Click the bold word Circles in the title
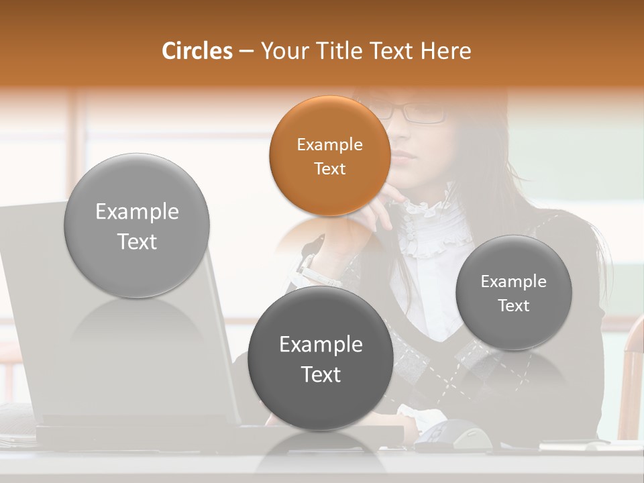197,51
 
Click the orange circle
329,156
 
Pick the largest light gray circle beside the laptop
137,226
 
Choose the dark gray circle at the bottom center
321,358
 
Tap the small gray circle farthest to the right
513,292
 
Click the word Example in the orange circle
329,144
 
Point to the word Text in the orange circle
329,168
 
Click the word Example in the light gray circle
137,211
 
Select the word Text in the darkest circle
321,374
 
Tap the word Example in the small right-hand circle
513,281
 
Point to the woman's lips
404,156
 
